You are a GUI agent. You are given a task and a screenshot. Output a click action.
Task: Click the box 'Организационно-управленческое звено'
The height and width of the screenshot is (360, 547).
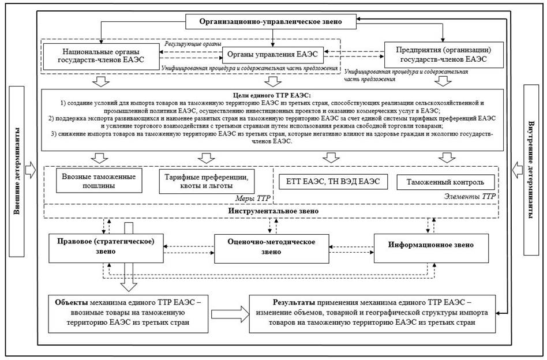coord(271,21)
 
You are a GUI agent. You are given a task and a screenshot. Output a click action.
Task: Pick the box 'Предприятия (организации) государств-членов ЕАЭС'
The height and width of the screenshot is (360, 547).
coord(443,54)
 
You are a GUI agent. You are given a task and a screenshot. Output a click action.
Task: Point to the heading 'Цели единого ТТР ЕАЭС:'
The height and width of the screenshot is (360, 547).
coord(271,95)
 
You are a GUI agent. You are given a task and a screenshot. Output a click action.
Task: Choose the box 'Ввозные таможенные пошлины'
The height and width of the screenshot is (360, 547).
coord(99,180)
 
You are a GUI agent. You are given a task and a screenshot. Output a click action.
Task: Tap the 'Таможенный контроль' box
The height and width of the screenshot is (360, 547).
coord(445,182)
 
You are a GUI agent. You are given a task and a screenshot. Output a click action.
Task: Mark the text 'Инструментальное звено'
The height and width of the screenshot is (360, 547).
coord(271,211)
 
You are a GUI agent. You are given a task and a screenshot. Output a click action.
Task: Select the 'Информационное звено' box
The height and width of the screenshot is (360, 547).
coord(432,245)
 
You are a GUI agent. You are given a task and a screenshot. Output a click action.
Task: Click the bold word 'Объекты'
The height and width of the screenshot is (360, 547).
coord(70,302)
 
